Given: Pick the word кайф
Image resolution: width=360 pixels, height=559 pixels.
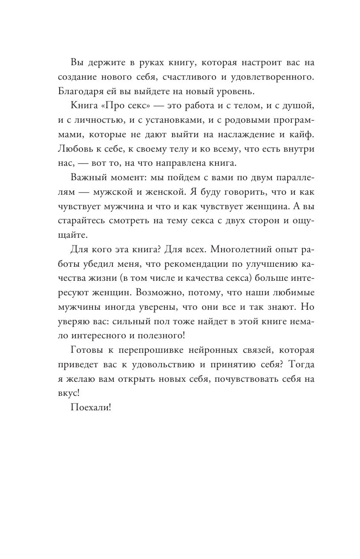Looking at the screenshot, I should [302, 137].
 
